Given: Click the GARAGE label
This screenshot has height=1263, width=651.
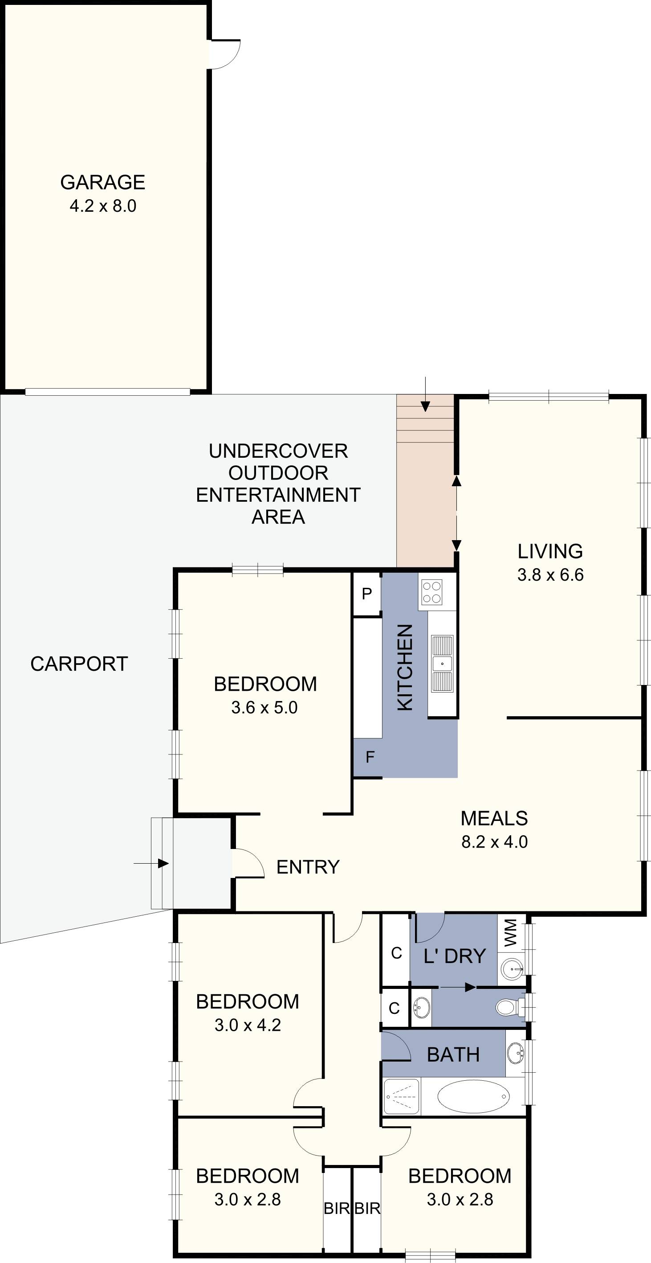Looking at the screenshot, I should [102, 182].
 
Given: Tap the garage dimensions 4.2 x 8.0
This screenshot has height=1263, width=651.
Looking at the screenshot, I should [103, 206].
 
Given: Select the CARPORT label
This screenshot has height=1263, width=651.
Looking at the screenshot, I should [79, 664].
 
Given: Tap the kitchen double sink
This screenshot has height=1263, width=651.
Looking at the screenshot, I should [442, 664].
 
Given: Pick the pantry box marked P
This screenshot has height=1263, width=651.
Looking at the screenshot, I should [367, 594].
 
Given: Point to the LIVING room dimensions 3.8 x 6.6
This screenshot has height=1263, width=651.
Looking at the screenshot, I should [550, 574].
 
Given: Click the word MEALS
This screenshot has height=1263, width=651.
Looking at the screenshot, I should [494, 818].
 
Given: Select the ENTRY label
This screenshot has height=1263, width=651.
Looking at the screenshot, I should [308, 867].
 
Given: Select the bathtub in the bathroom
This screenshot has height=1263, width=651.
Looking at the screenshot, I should [473, 1096].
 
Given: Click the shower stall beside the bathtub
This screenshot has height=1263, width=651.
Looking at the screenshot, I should [401, 1096].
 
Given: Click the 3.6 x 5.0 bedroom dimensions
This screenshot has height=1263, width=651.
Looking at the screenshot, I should [264, 708].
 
